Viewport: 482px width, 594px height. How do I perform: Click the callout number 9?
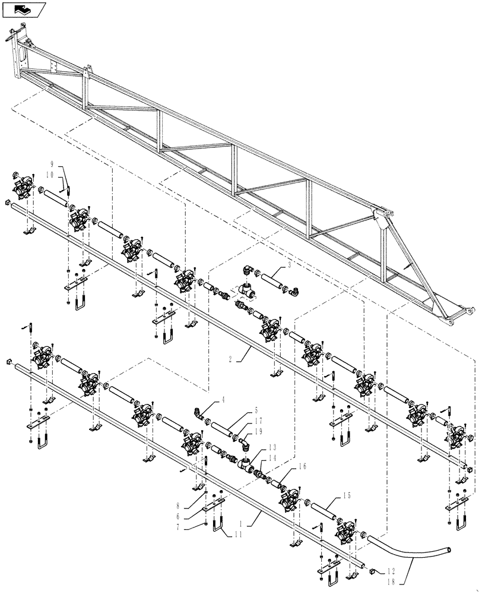pos(52,163)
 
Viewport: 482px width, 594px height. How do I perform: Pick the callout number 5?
pos(256,410)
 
